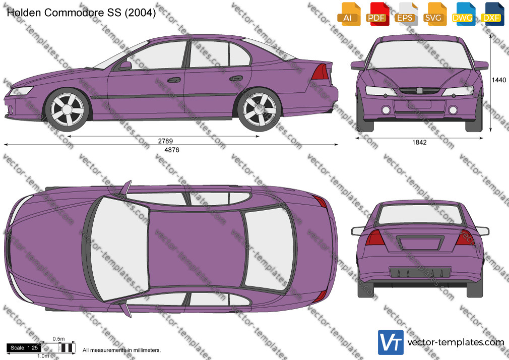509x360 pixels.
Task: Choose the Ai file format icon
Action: [x=348, y=14]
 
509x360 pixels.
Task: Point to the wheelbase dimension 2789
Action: [x=166, y=141]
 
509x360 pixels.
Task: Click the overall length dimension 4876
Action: [x=172, y=150]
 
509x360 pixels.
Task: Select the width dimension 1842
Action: [x=419, y=142]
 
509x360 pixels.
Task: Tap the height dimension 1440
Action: [x=498, y=80]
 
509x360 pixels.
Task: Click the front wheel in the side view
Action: [x=68, y=109]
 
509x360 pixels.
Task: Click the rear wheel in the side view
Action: [x=260, y=109]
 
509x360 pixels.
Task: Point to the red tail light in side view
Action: [x=320, y=72]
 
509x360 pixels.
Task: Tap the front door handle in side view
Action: [x=174, y=80]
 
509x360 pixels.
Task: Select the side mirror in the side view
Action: [x=125, y=66]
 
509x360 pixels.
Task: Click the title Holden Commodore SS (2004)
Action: [x=81, y=13]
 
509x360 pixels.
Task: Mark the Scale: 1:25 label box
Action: [x=24, y=348]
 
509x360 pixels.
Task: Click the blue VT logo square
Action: [x=391, y=342]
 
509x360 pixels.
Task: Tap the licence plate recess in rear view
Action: [x=420, y=243]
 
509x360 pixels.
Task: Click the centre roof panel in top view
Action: [x=197, y=250]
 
